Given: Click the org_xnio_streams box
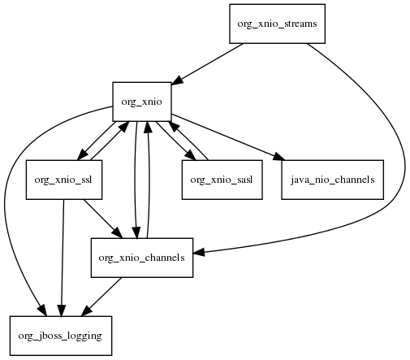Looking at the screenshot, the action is click(x=277, y=24).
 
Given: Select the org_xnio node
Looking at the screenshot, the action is click(x=142, y=102).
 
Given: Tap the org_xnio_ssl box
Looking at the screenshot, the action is click(x=64, y=180).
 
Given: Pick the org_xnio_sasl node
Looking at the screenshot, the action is click(x=222, y=180).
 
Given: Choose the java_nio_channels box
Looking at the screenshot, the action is click(x=332, y=180).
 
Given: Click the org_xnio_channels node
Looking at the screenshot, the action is click(x=142, y=258).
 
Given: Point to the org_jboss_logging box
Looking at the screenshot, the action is click(x=61, y=336).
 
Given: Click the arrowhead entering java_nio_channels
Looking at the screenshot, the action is click(x=278, y=157).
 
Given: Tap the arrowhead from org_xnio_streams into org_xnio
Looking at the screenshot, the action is click(x=177, y=80).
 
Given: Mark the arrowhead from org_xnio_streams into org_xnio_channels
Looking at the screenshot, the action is click(x=199, y=253).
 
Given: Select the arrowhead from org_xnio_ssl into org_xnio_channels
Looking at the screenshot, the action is click(x=118, y=233).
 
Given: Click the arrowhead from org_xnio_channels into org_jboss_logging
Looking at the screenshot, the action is click(x=86, y=310).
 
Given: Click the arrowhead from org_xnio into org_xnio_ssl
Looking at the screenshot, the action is click(x=83, y=154).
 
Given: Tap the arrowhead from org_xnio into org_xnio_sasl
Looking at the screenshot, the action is click(x=189, y=155).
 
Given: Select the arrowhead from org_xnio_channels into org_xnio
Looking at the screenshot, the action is click(x=148, y=127).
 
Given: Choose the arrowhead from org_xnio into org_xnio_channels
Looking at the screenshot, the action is click(x=136, y=233).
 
